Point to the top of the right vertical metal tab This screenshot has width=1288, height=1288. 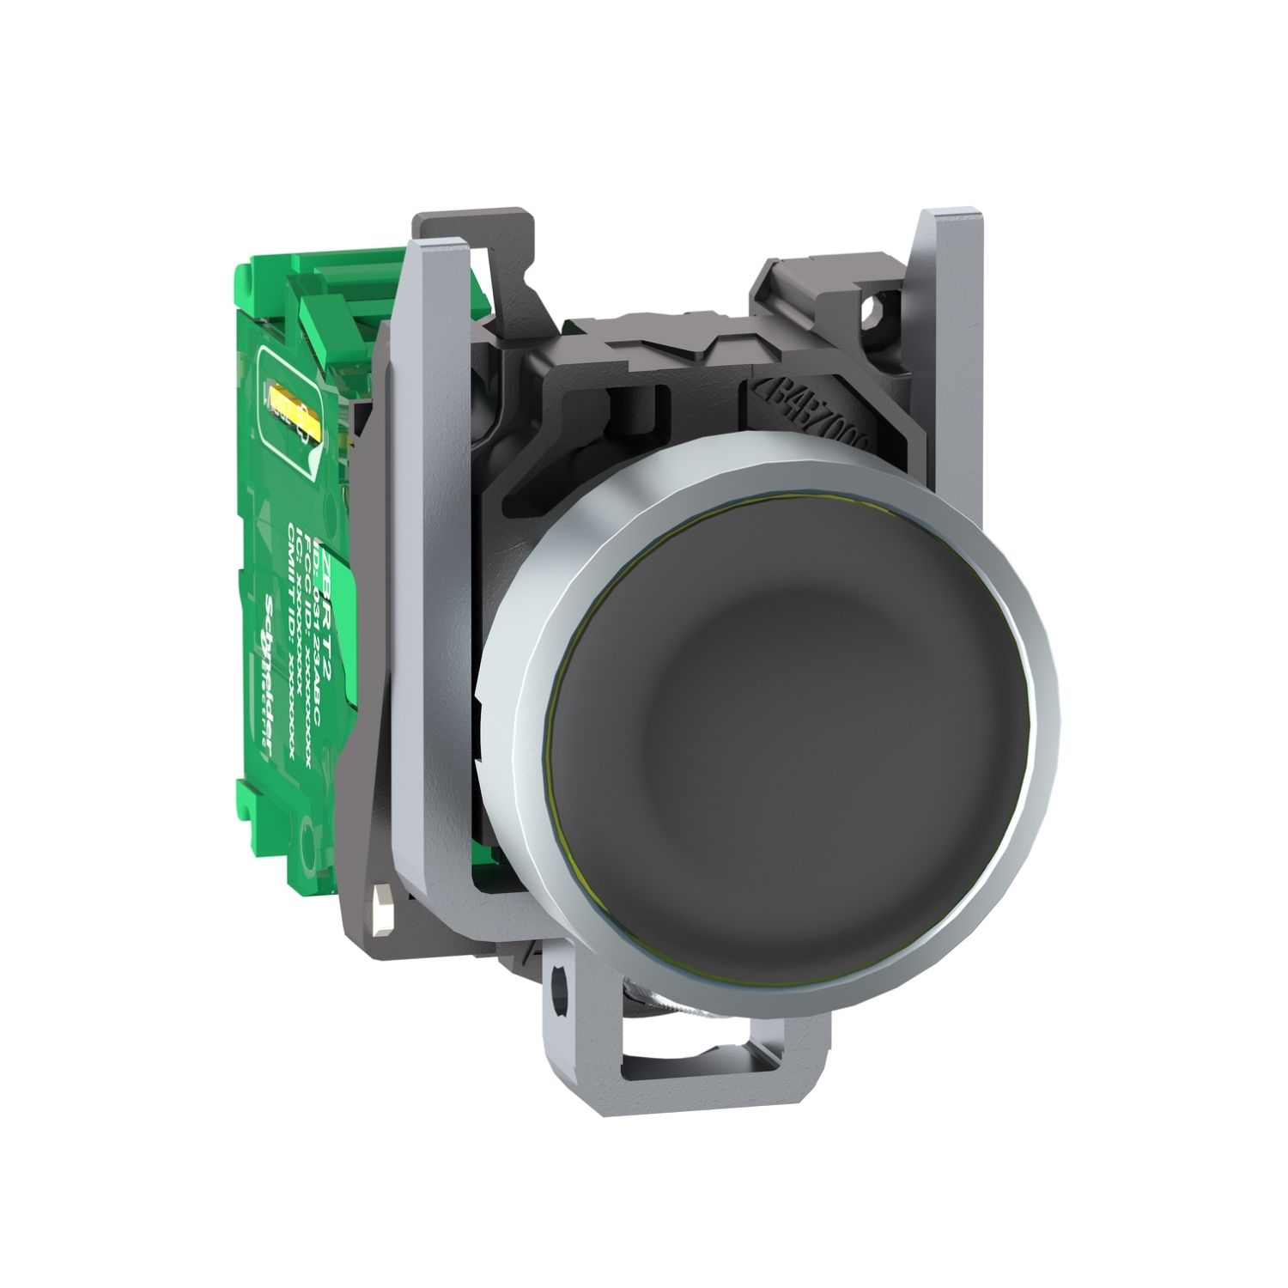[x=945, y=220]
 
